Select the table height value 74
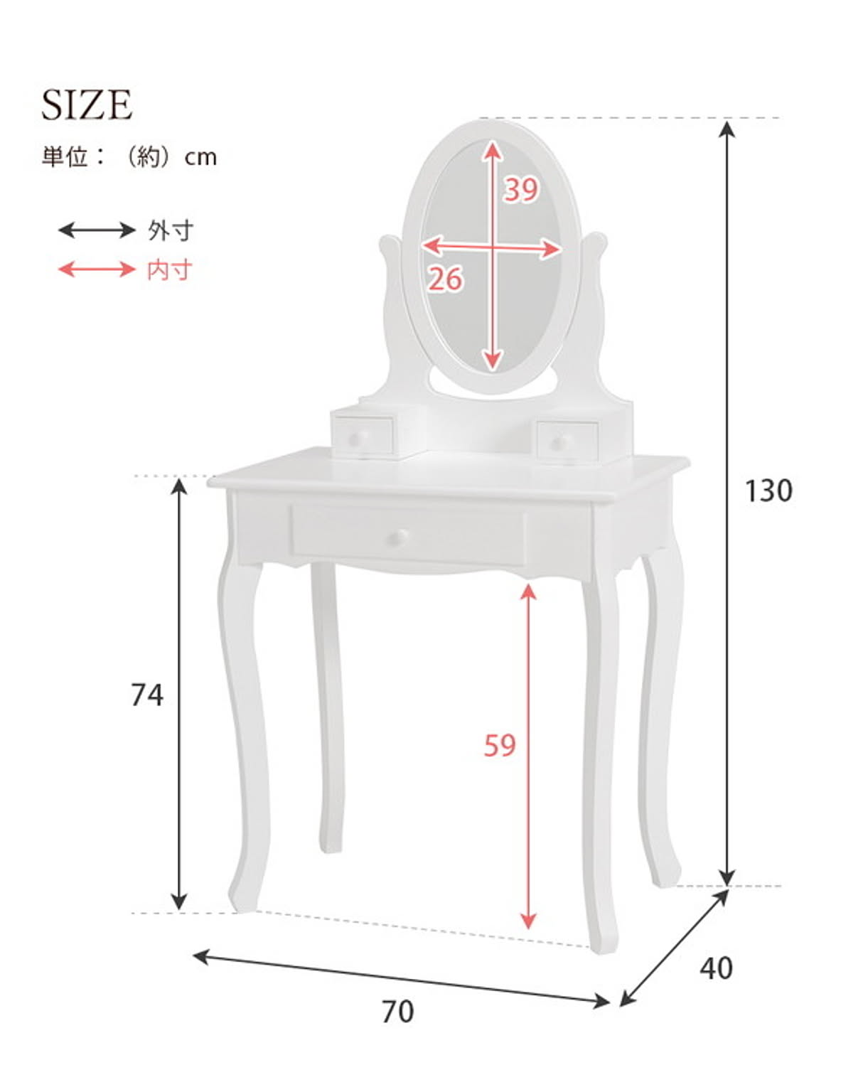tap(147, 695)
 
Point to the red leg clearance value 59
tap(500, 745)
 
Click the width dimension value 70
tap(397, 1012)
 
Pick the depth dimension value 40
tap(716, 968)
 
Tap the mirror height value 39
tap(521, 189)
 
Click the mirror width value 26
tap(445, 279)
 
